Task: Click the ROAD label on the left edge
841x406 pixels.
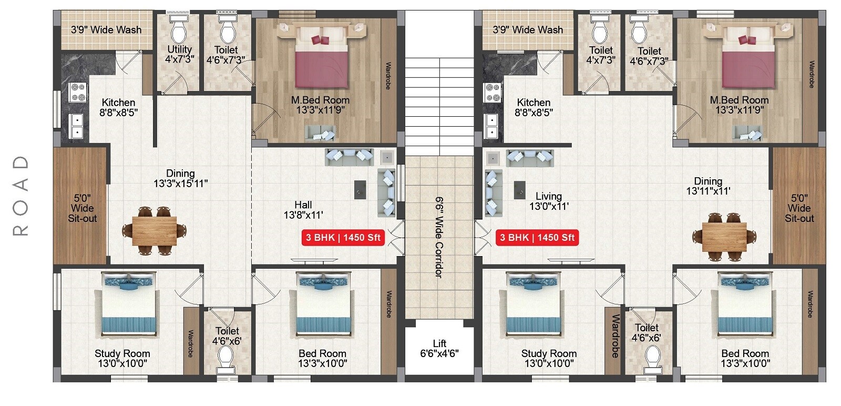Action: point(20,195)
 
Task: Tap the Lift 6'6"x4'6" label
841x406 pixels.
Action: point(439,348)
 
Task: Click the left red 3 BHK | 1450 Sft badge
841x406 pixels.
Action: point(343,237)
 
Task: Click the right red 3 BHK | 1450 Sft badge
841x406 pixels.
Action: point(537,237)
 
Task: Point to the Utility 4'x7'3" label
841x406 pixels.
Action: point(179,54)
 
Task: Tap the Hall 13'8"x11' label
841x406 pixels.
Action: point(303,209)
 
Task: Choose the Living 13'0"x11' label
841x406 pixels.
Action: point(549,201)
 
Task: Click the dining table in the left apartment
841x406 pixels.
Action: point(155,231)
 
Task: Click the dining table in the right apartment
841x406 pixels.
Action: point(724,236)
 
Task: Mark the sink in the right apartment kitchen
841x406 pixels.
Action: point(491,126)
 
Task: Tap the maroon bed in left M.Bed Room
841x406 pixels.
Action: point(321,63)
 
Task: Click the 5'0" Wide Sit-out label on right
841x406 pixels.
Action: point(799,208)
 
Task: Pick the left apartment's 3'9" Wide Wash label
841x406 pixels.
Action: point(106,30)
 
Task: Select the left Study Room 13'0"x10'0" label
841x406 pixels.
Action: point(122,358)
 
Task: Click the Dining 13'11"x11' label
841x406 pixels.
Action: point(708,186)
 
